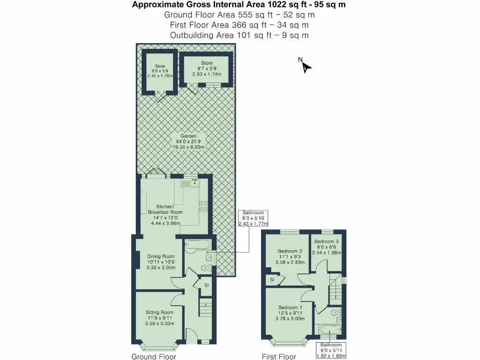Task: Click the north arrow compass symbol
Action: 306,67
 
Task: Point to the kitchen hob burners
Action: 204,206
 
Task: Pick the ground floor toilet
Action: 204,268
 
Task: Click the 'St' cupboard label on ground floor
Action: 206,285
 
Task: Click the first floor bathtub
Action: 330,330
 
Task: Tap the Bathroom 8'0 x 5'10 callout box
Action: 253,218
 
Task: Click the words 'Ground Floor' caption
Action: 154,357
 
